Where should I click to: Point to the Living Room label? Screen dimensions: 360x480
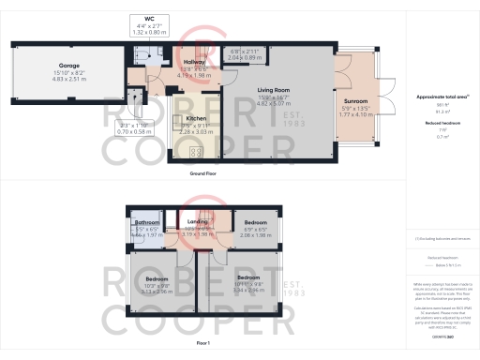(276, 91)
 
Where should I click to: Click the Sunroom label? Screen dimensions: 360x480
(355, 99)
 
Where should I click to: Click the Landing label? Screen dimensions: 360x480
(198, 222)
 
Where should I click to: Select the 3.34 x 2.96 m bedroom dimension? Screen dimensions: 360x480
(247, 291)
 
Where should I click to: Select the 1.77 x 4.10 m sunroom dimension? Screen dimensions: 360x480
(355, 114)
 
